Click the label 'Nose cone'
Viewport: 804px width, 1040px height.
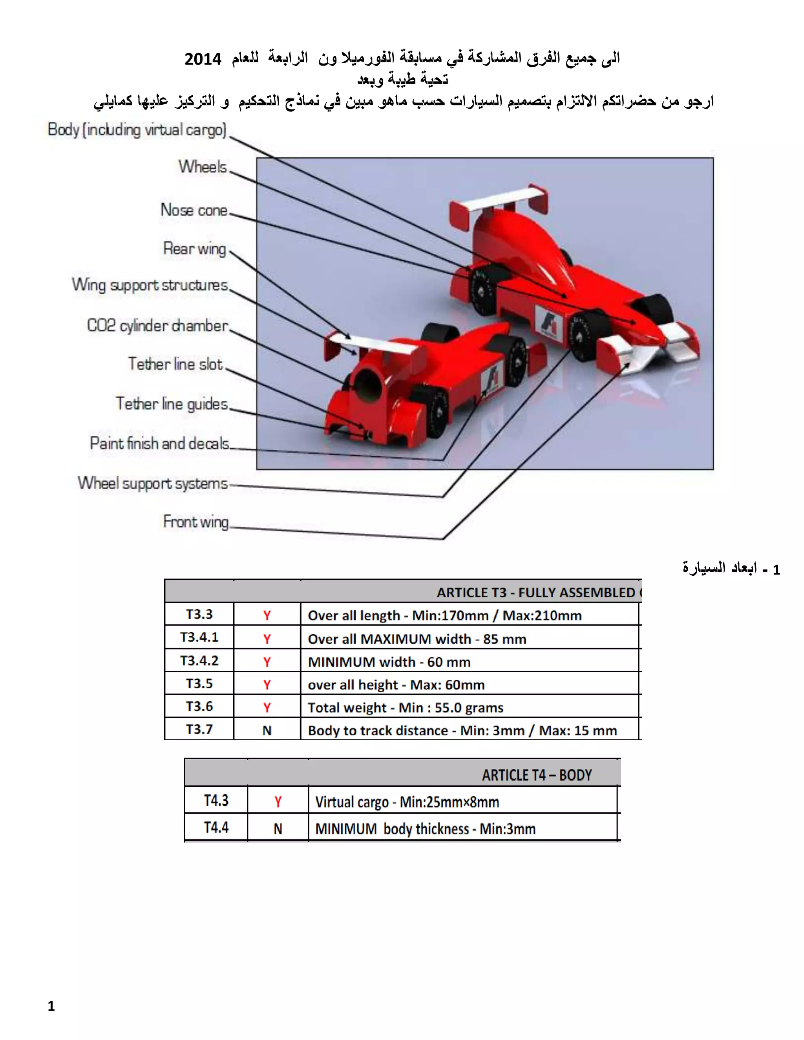click(194, 210)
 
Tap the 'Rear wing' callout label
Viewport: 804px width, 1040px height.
click(194, 248)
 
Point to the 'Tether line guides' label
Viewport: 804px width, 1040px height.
click(172, 404)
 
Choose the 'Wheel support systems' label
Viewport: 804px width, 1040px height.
click(153, 484)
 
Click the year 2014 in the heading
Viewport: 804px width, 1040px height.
click(203, 59)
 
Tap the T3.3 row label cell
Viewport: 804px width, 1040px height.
click(199, 614)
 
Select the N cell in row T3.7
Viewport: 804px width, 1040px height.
click(267, 730)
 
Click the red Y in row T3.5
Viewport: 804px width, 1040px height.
click(267, 684)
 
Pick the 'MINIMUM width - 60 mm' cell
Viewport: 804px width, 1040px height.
click(389, 661)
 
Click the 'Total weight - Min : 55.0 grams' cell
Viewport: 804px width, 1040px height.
click(405, 707)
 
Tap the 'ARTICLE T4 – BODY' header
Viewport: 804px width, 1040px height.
click(536, 775)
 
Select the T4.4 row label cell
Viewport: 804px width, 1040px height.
click(216, 827)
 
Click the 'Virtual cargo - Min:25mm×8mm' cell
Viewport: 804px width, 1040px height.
click(407, 802)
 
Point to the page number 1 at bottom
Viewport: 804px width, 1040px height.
click(51, 1006)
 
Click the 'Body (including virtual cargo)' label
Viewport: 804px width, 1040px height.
click(137, 130)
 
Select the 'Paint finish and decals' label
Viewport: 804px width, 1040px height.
click(159, 443)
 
